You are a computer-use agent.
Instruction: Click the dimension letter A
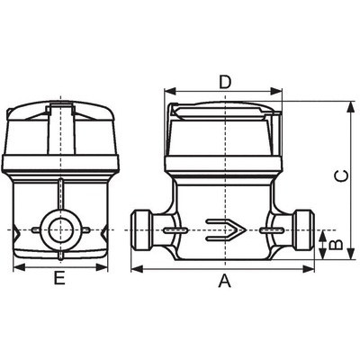225,281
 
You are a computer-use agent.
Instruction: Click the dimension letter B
336,244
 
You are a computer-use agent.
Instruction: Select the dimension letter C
341,176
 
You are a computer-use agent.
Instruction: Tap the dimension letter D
225,82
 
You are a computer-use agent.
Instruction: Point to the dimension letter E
59,277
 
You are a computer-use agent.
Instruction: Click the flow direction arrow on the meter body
226,230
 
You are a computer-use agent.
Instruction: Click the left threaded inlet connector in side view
142,230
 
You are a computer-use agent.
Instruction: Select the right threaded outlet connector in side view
304,230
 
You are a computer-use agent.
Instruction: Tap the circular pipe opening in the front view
60,230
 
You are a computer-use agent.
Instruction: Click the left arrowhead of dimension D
170,91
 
